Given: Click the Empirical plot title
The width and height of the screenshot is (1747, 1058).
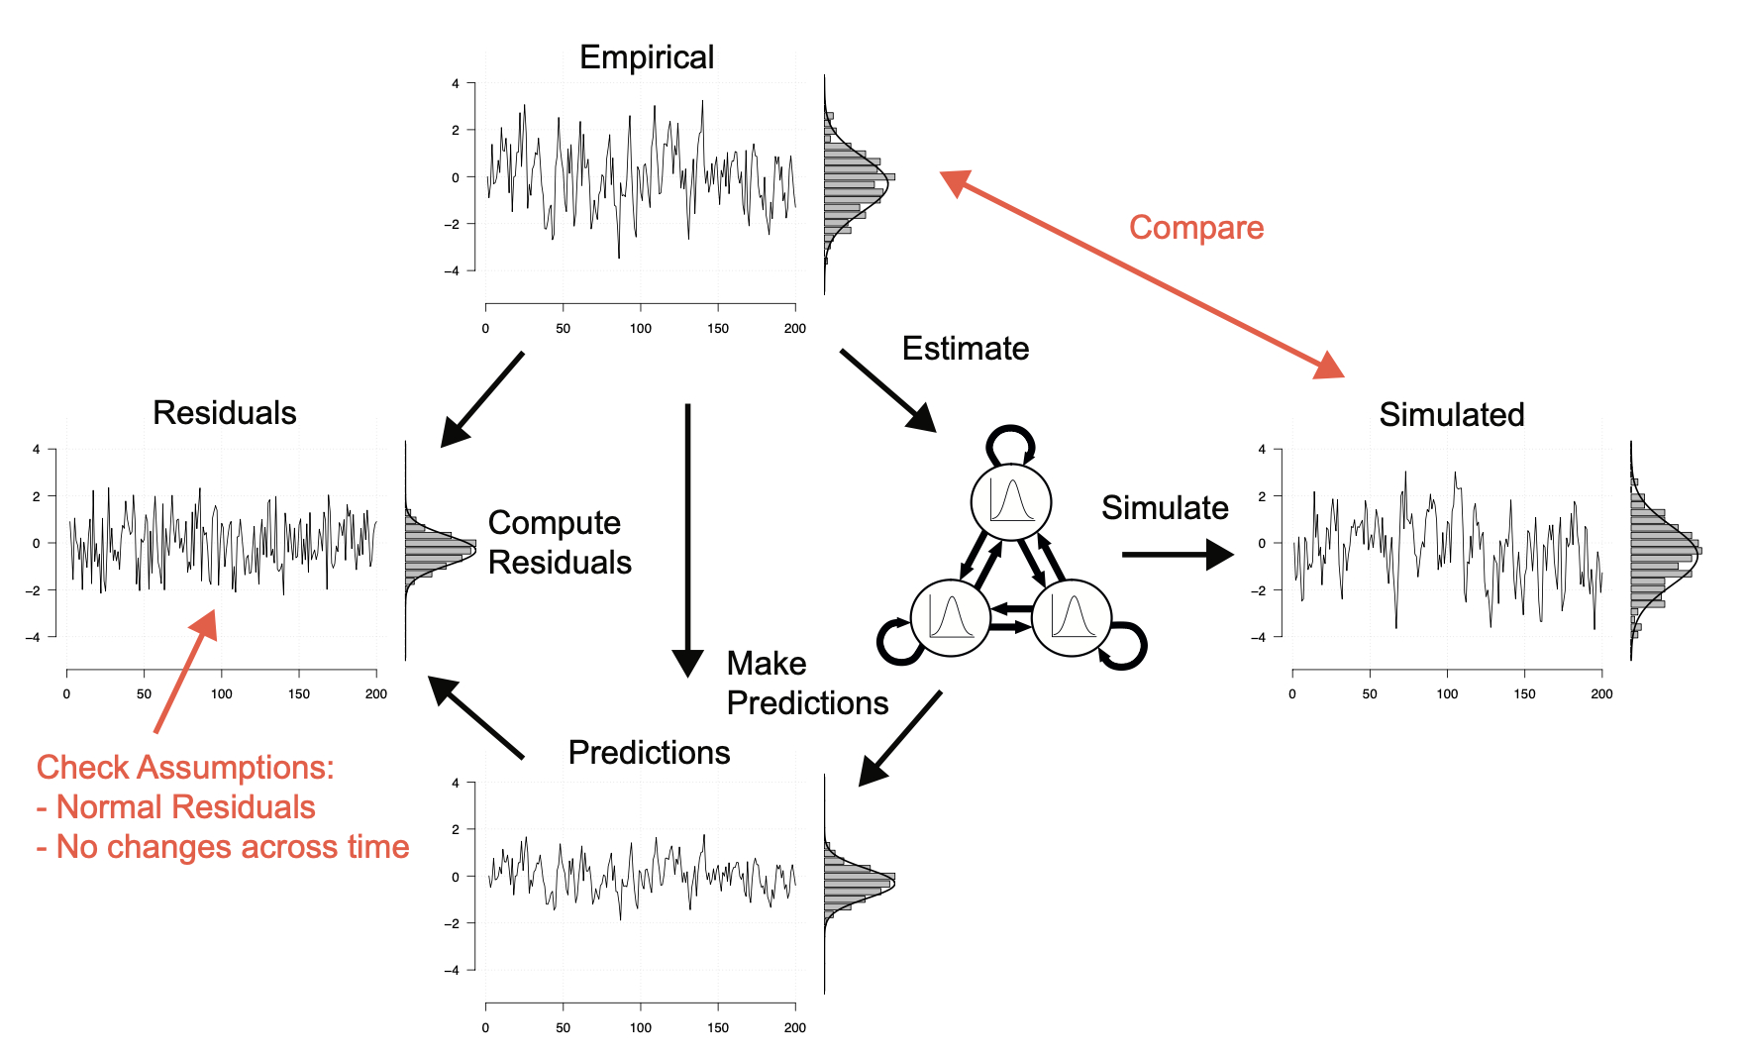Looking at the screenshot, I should pyautogui.click(x=646, y=57).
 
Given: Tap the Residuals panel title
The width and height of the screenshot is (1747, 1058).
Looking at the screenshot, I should pyautogui.click(x=224, y=412).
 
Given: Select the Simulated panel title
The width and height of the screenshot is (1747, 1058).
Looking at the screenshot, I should pyautogui.click(x=1451, y=414).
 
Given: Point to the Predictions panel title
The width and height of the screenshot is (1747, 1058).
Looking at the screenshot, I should pyautogui.click(x=649, y=753).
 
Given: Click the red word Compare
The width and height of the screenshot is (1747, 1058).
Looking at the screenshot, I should pyautogui.click(x=1196, y=228).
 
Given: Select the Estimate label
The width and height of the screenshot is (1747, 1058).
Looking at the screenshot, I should pyautogui.click(x=965, y=349).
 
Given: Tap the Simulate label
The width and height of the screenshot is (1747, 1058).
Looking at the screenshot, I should pyautogui.click(x=1165, y=507).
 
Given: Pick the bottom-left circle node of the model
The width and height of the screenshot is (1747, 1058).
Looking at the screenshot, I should pyautogui.click(x=950, y=617).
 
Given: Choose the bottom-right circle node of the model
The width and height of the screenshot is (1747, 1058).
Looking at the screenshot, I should pyautogui.click(x=1072, y=617).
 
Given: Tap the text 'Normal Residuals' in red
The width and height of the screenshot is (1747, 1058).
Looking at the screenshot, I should pyautogui.click(x=185, y=807).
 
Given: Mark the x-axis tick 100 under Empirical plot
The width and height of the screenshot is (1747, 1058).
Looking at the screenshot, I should pyautogui.click(x=641, y=329).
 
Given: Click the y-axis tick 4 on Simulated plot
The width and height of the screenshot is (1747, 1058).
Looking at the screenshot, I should pyautogui.click(x=1262, y=450).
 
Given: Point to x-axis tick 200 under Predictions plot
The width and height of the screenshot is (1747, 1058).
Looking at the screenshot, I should pyautogui.click(x=795, y=1028).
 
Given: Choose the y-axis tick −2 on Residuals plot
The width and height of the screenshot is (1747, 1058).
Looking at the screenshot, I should pyautogui.click(x=36, y=590).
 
